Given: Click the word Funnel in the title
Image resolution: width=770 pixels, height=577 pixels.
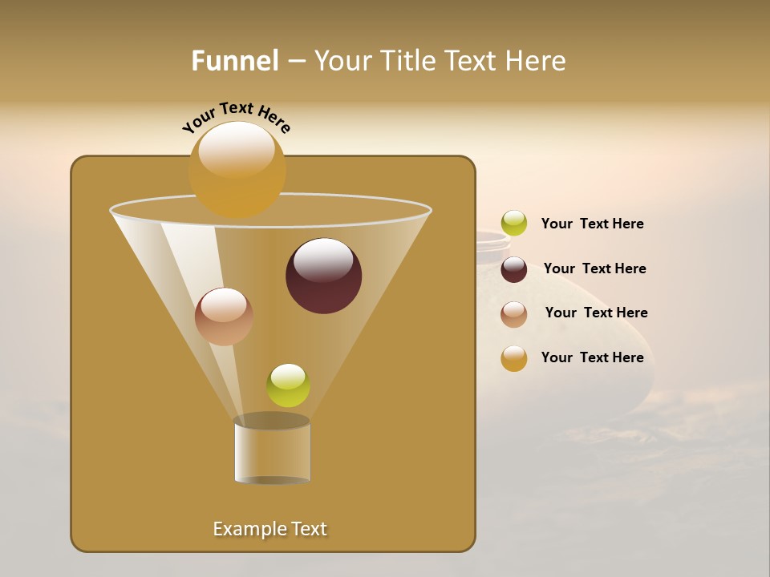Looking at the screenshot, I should [234, 61].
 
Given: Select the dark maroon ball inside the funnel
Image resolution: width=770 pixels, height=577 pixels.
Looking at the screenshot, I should [323, 276].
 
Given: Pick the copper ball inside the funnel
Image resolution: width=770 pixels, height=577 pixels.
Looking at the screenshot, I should [224, 317].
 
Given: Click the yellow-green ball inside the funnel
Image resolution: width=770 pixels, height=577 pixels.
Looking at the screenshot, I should [288, 385].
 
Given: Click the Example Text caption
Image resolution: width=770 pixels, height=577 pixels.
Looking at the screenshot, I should [269, 529].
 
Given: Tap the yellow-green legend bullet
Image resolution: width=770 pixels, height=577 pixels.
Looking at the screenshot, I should [514, 224].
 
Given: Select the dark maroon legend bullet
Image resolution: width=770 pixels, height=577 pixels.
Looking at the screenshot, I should [514, 269].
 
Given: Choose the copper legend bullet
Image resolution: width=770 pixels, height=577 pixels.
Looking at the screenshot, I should [514, 314].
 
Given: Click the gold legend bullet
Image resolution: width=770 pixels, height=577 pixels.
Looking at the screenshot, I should [514, 358].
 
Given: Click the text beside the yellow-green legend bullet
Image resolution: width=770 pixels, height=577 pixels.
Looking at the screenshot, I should [592, 224].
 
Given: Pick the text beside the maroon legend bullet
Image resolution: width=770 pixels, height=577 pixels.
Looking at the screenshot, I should [594, 268].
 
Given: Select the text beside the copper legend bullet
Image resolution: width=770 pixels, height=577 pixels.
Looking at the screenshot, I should [596, 313].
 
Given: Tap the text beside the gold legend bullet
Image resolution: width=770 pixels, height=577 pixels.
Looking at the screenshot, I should [592, 357].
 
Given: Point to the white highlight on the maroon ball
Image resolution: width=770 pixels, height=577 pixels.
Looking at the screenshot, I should [323, 259].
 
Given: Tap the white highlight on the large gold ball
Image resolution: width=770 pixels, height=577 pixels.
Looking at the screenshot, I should [236, 148].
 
